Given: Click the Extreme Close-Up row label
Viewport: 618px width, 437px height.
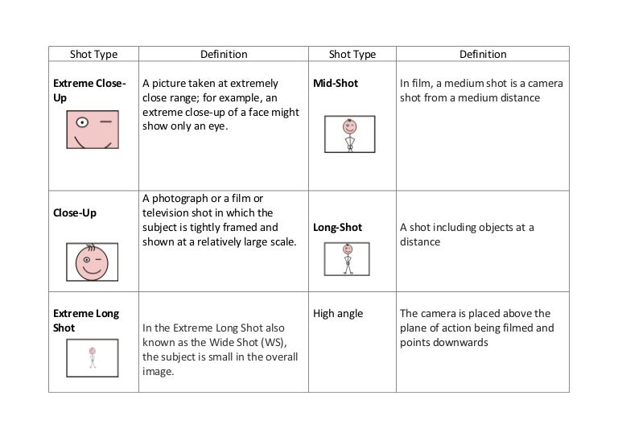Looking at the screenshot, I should tap(89, 90).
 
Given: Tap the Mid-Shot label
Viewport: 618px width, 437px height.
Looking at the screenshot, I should tap(336, 83).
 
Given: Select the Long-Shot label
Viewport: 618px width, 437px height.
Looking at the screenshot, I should tap(338, 228).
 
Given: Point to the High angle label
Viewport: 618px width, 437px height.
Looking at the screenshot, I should tap(338, 313).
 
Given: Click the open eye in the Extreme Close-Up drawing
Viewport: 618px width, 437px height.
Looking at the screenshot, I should tap(81, 123).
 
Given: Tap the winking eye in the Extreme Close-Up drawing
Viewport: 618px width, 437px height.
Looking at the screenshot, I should tap(105, 122).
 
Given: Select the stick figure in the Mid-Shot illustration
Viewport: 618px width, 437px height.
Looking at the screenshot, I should tap(349, 136).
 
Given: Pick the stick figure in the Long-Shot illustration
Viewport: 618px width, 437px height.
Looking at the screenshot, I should tap(348, 259).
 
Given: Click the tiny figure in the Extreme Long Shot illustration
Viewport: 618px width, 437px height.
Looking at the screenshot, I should tap(93, 357).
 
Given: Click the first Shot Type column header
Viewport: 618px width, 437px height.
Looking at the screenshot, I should tap(93, 55).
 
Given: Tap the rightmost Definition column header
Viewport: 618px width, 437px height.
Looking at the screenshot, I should tap(483, 55).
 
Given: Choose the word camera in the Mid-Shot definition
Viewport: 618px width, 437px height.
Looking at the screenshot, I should tap(546, 84).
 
